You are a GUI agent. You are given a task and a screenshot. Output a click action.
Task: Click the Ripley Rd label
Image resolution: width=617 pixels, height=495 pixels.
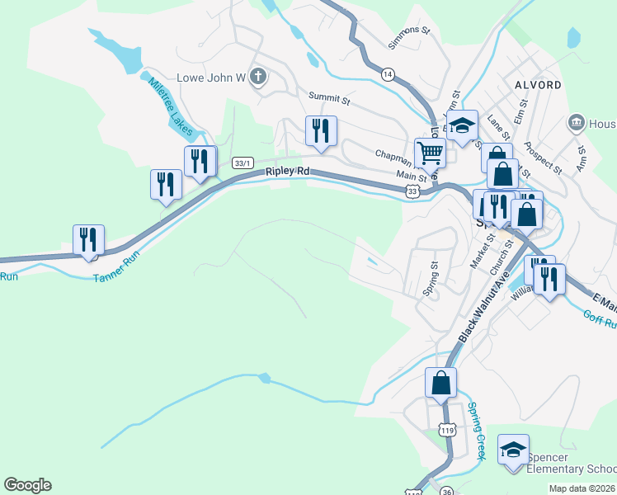[x=287, y=172]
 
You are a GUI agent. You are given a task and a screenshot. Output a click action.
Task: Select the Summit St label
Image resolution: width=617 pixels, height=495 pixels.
[x=329, y=98]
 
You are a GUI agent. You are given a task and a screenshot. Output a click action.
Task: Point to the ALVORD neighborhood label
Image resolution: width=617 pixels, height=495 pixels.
[x=538, y=85]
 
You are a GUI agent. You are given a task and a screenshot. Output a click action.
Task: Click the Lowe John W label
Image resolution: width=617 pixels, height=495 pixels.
[x=213, y=78]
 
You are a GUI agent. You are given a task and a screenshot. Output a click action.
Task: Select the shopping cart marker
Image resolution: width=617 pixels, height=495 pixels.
[x=430, y=153]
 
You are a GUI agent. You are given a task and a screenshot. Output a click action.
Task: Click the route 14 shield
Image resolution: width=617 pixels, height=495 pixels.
[x=387, y=75]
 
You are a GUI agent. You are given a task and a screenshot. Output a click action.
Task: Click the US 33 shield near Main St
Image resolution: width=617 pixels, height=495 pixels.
[x=412, y=191]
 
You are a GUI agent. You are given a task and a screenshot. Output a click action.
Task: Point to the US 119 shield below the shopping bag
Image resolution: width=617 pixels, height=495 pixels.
[x=447, y=431]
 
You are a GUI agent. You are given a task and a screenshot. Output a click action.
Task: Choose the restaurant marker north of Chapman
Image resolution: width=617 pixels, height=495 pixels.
[x=320, y=130]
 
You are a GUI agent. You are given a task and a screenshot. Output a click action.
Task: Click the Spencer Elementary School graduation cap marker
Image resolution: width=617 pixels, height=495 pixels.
[x=513, y=450]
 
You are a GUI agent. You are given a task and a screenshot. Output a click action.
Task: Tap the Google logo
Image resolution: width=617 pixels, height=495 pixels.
[x=28, y=485]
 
